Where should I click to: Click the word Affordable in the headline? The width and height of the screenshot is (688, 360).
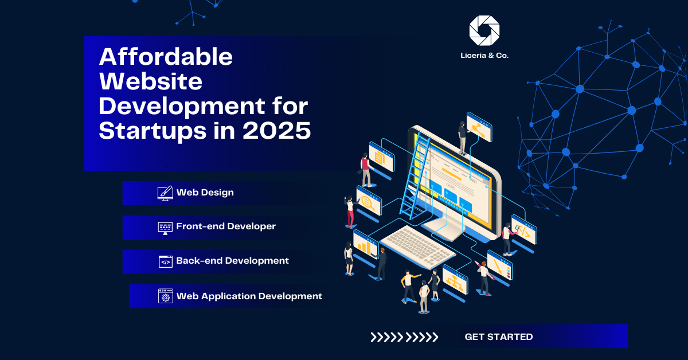pyautogui.click(x=166, y=57)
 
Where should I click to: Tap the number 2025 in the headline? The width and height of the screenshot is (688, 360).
pyautogui.click(x=277, y=131)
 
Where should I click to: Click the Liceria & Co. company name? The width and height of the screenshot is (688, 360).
pyautogui.click(x=484, y=56)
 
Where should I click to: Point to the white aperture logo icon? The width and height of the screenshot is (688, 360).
pyautogui.click(x=484, y=30)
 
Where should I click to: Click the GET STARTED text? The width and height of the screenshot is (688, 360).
pyautogui.click(x=498, y=336)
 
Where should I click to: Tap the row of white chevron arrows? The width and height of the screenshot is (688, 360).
pyautogui.click(x=404, y=337)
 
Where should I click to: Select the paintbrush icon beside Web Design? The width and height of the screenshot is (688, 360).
pyautogui.click(x=165, y=193)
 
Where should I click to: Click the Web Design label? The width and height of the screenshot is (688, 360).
pyautogui.click(x=205, y=192)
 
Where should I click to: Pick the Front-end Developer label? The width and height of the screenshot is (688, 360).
pyautogui.click(x=226, y=226)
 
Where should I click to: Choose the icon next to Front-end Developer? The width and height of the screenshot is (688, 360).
pyautogui.click(x=165, y=228)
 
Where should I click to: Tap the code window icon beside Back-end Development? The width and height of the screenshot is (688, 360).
pyautogui.click(x=166, y=262)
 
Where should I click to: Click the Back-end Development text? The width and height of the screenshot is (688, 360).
pyautogui.click(x=232, y=260)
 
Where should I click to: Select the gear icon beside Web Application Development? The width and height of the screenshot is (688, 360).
pyautogui.click(x=166, y=296)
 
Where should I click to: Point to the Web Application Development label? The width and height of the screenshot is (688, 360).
pyautogui.click(x=249, y=296)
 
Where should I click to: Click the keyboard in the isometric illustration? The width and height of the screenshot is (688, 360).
pyautogui.click(x=418, y=246)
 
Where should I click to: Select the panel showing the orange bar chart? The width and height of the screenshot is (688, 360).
pyautogui.click(x=365, y=245)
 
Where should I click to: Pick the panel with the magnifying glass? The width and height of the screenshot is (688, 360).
pyautogui.click(x=369, y=201)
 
